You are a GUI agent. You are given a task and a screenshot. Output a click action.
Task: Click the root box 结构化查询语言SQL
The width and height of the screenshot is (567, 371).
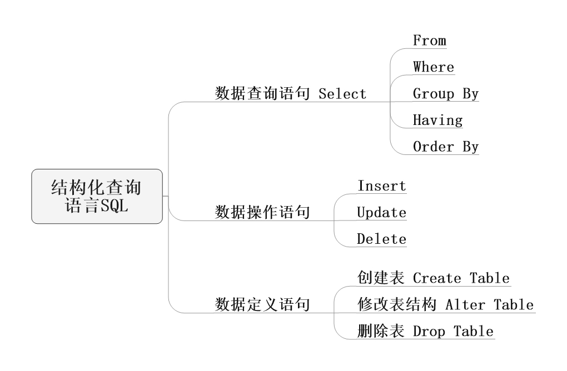pyautogui.click(x=97, y=196)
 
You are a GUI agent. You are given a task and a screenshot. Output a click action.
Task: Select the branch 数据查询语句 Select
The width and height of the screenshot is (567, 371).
pyautogui.click(x=291, y=93)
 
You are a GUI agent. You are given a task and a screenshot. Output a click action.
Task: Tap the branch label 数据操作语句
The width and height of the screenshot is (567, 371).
pyautogui.click(x=262, y=212)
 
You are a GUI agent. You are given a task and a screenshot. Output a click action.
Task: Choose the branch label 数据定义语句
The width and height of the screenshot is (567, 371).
pyautogui.click(x=262, y=304)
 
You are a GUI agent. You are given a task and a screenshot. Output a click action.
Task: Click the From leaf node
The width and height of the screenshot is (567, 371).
pyautogui.click(x=429, y=41)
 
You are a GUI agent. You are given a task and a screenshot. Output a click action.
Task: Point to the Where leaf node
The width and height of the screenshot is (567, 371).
pyautogui.click(x=433, y=67)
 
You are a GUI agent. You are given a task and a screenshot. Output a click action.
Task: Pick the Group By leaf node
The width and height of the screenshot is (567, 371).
pyautogui.click(x=445, y=94)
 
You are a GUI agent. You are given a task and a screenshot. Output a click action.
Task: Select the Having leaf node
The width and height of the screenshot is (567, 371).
pyautogui.click(x=437, y=121)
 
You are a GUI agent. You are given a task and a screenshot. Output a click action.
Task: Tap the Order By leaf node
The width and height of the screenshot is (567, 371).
pyautogui.click(x=445, y=147)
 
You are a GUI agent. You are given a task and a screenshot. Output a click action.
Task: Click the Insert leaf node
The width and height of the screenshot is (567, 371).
pyautogui.click(x=381, y=185)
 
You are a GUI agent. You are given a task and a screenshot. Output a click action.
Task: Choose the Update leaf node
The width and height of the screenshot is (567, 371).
pyautogui.click(x=381, y=212)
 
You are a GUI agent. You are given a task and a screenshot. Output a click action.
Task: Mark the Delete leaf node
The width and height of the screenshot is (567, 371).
pyautogui.click(x=381, y=239)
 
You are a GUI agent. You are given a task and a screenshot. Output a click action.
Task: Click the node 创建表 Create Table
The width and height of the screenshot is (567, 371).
pyautogui.click(x=433, y=278)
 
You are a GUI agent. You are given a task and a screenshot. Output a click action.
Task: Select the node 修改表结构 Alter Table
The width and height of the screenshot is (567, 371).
pyautogui.click(x=445, y=304)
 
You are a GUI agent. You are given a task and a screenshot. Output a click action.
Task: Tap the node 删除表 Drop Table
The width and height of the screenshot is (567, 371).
pyautogui.click(x=425, y=332)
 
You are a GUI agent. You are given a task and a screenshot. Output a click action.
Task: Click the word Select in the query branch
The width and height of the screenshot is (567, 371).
pyautogui.click(x=342, y=94)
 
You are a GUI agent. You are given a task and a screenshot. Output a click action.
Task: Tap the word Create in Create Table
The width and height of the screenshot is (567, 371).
pyautogui.click(x=437, y=278)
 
